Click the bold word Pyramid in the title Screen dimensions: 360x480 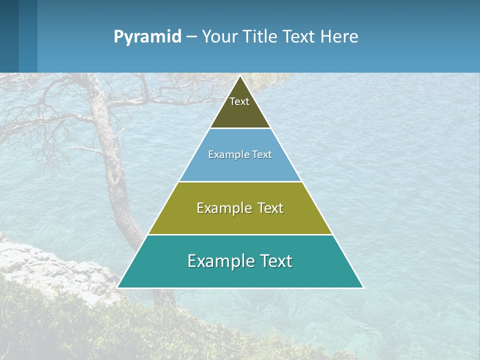tap(147, 37)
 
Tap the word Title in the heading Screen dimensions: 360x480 tap(263, 37)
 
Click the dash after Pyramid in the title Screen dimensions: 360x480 tap(191, 37)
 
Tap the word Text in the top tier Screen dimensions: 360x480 tap(239, 101)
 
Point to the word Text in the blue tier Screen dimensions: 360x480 tap(262, 154)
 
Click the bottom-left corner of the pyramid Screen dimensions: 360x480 tap(118, 287)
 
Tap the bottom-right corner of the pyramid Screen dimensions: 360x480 tap(362, 287)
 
